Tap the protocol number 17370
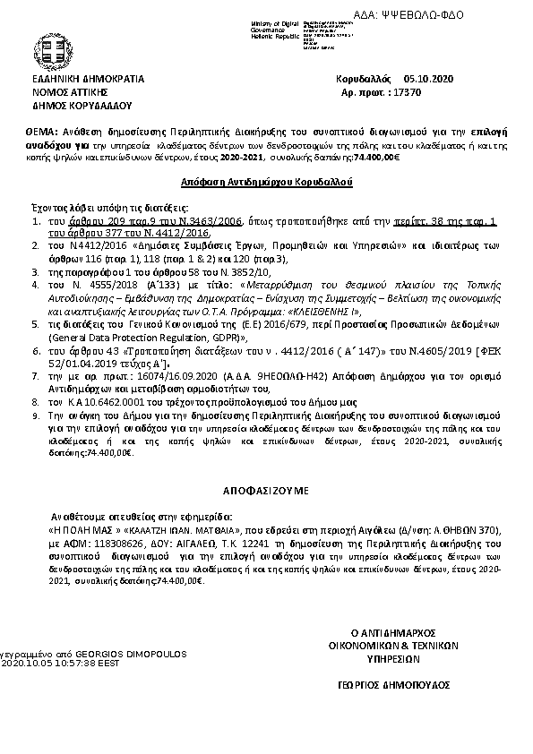(431, 91)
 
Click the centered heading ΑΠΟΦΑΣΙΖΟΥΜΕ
(266, 492)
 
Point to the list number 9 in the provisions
(37, 417)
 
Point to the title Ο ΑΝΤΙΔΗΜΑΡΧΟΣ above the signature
(391, 632)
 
